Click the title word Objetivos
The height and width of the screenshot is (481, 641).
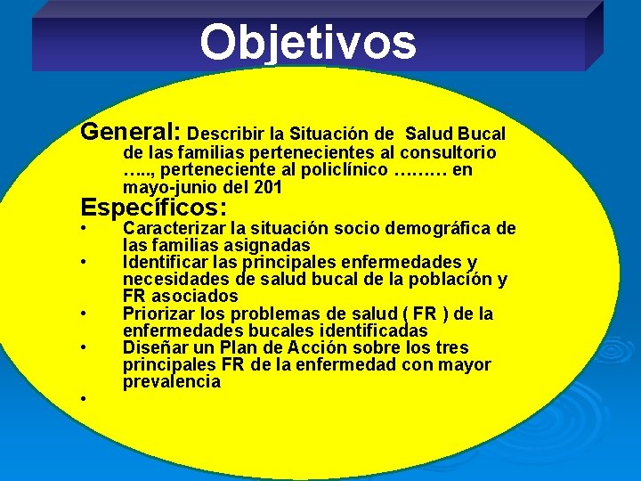[x=307, y=42]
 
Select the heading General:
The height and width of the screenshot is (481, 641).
[x=131, y=132]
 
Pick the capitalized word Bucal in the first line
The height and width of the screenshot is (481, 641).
[x=480, y=135]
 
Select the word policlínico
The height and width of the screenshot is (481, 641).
[x=338, y=170]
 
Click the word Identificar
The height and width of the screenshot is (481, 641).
[x=166, y=262]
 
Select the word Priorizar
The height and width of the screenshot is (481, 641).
[x=158, y=314]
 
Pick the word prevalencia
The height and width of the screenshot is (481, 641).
[x=172, y=381]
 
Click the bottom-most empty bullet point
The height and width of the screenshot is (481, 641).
[x=82, y=398]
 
